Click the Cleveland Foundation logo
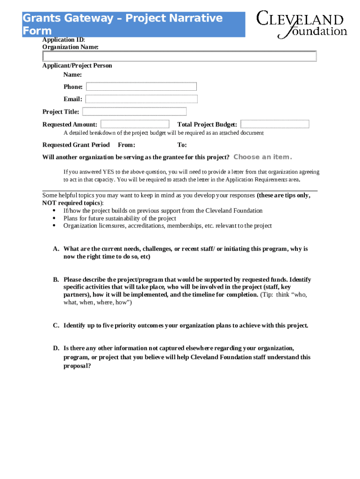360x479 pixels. [302, 24]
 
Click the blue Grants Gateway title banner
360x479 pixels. [134, 25]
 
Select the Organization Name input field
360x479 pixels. [180, 57]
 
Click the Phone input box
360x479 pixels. [141, 87]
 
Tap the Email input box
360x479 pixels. [141, 99]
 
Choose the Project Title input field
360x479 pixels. [134, 112]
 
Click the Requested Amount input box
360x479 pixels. [135, 124]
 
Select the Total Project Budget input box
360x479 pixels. [274, 124]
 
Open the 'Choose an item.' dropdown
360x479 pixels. [262, 157]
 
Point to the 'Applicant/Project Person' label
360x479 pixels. [77, 65]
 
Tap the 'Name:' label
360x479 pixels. [73, 75]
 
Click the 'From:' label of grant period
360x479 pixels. [126, 145]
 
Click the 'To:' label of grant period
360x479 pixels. [182, 145]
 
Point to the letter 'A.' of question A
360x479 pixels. [56, 249]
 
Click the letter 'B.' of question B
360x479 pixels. [56, 280]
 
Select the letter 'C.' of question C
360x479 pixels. [56, 326]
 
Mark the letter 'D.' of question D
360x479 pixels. [56, 348]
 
